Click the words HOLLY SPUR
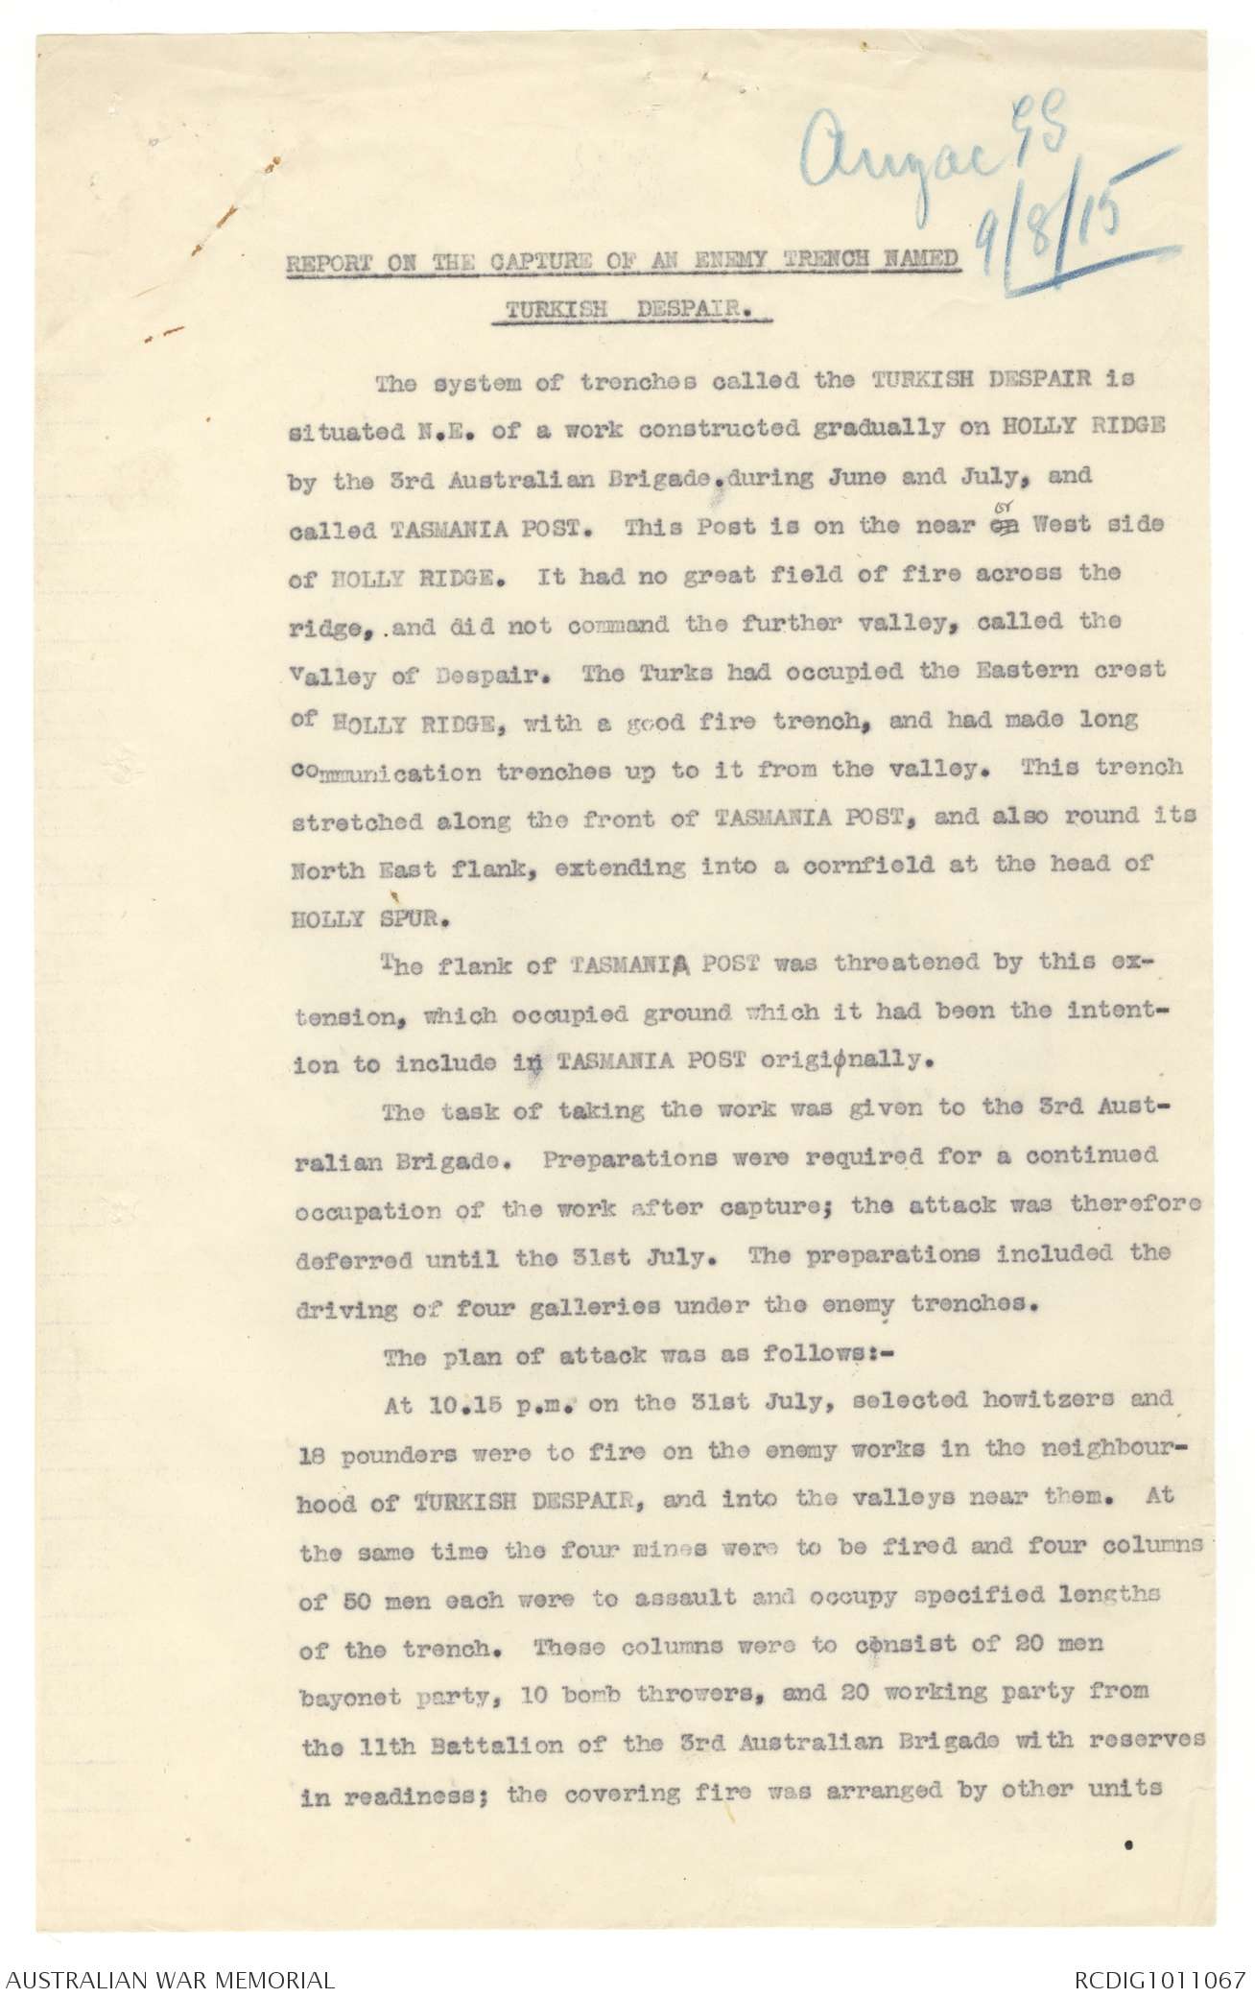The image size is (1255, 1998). click(358, 916)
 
